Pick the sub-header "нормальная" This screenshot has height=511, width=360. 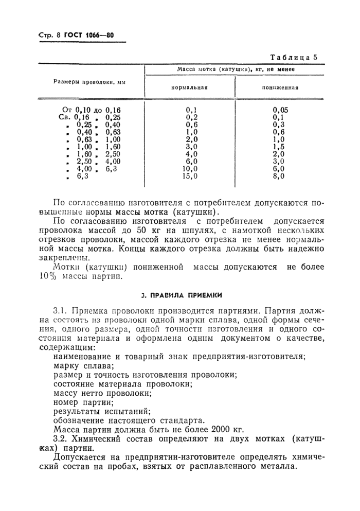click(189, 87)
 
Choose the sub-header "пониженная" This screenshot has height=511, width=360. click(280, 87)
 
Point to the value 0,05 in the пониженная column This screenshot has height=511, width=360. click(280, 110)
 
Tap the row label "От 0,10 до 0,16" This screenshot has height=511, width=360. click(91, 110)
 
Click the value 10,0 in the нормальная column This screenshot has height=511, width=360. click(190, 168)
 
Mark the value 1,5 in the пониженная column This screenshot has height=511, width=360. click(280, 146)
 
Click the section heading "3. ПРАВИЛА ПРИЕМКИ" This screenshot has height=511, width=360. click(181, 295)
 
